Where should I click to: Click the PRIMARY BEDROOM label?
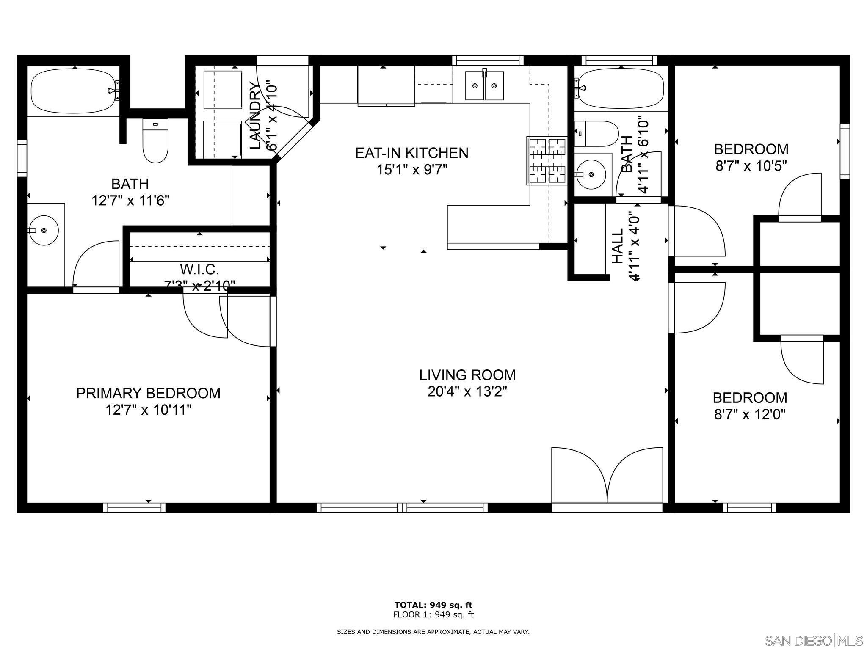point(148,393)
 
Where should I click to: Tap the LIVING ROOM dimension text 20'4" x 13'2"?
point(467,392)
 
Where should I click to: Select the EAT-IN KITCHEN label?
point(411,153)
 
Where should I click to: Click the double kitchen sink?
point(484,85)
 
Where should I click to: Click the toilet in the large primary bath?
point(155,140)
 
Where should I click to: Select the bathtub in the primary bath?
point(75,91)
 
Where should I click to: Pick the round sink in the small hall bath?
point(591,174)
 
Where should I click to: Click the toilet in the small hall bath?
point(591,134)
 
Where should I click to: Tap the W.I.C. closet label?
point(199,269)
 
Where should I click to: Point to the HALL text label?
point(618,246)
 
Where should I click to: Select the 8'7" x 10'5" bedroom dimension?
point(751,166)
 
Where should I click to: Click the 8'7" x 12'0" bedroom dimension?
point(750,414)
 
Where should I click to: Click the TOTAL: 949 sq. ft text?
point(433,605)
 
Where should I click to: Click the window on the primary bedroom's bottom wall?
point(134,508)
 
